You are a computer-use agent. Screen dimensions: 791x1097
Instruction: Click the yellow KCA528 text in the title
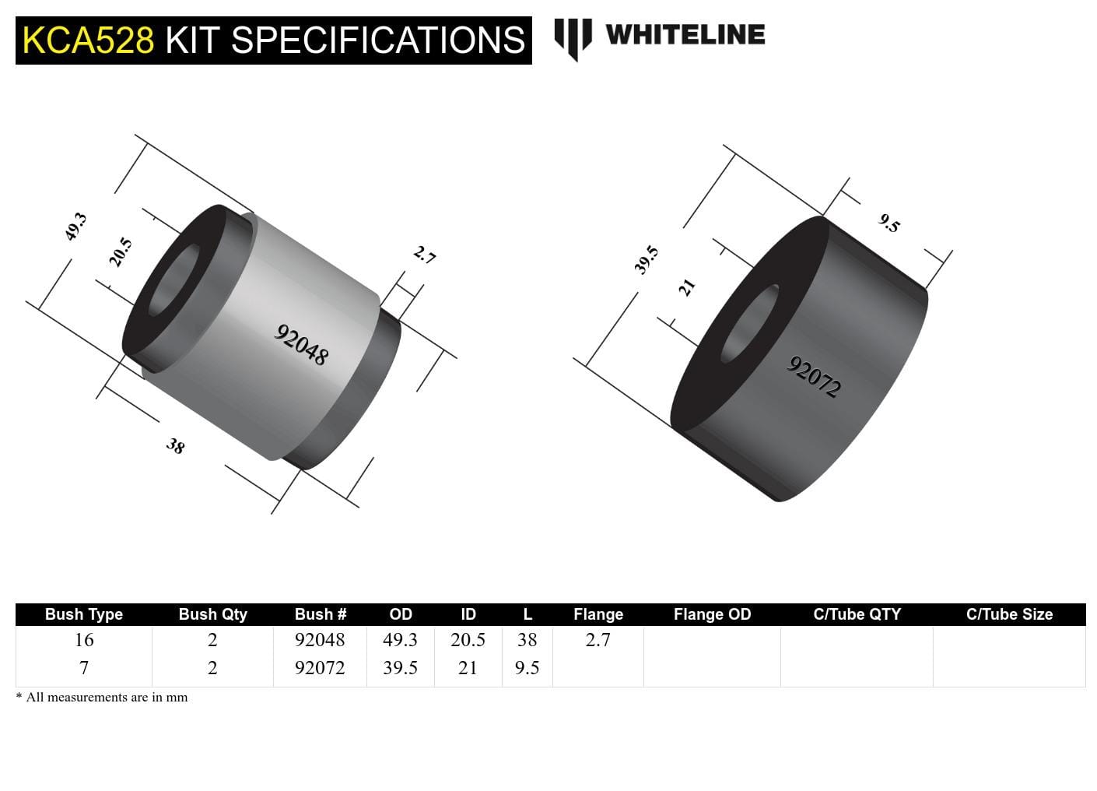[89, 40]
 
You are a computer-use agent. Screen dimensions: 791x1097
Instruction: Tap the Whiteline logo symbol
[573, 37]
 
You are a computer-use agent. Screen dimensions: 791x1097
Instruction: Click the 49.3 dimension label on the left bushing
[75, 227]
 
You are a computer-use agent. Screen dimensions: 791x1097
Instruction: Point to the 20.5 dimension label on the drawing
[121, 252]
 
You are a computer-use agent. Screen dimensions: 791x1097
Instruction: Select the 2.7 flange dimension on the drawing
[424, 255]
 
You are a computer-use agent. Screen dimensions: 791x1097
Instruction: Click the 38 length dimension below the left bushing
[176, 446]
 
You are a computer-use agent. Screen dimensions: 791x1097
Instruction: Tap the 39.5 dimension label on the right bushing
[647, 260]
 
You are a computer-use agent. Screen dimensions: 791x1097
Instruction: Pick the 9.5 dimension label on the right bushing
[889, 223]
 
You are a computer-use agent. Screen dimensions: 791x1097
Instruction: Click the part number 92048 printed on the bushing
[302, 345]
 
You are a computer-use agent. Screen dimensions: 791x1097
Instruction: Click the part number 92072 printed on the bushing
[815, 377]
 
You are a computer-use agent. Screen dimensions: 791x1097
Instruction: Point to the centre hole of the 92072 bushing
[749, 324]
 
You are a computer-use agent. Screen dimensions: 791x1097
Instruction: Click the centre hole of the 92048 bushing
[173, 280]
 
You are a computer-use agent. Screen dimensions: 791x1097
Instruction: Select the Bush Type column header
[84, 614]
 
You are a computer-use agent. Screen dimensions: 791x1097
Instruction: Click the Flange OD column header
[712, 614]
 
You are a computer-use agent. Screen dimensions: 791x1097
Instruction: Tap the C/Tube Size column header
[1009, 614]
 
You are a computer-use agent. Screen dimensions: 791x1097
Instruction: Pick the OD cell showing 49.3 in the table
[400, 640]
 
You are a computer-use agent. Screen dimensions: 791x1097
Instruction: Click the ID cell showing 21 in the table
[468, 668]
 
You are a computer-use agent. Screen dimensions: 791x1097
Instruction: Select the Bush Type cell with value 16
[84, 640]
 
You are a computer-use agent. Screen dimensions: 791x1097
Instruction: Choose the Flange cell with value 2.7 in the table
[598, 640]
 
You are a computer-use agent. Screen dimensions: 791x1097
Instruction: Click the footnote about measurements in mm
[102, 698]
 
